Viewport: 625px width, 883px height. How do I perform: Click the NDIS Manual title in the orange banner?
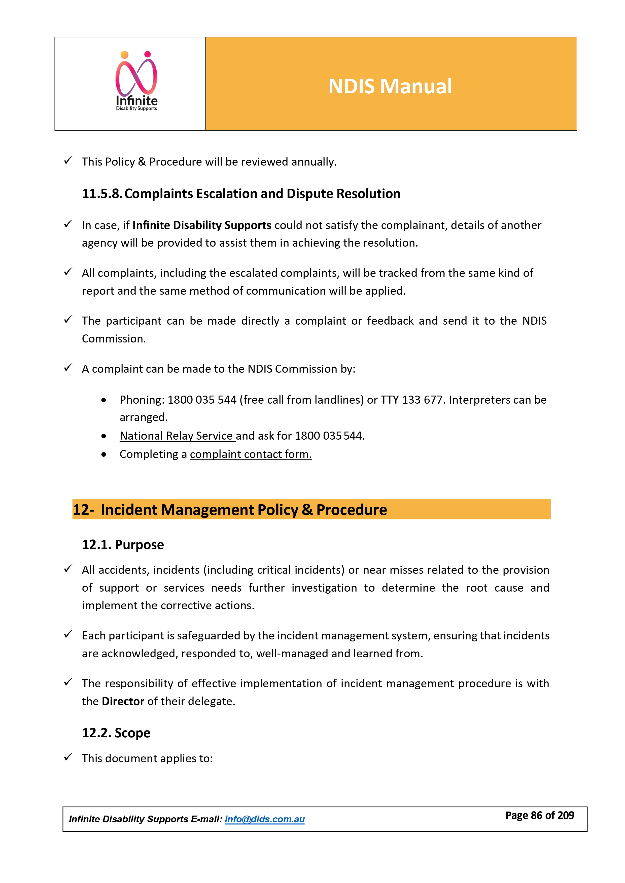coord(390,86)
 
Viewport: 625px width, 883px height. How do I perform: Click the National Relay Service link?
coord(176,436)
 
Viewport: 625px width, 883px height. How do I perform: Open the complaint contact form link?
coord(251,454)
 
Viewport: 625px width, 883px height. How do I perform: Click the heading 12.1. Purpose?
coord(123,545)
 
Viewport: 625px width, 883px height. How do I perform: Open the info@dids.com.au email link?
coord(264,819)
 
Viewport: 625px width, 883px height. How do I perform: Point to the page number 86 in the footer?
coord(536,815)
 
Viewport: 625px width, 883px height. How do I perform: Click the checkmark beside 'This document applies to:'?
coord(68,757)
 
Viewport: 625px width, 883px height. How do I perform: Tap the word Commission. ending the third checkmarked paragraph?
coord(114,339)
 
